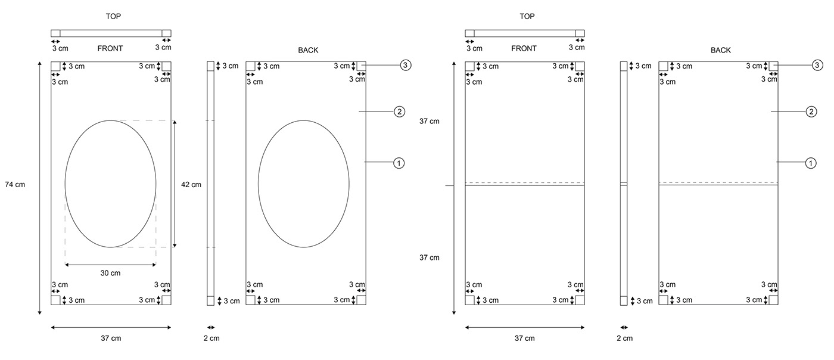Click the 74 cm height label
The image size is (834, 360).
pyautogui.click(x=15, y=184)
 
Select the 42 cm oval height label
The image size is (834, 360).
pyautogui.click(x=191, y=184)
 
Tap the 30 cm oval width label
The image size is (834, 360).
pyautogui.click(x=111, y=273)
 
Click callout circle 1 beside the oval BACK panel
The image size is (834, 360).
pyautogui.click(x=399, y=162)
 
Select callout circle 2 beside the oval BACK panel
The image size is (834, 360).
pyautogui.click(x=399, y=111)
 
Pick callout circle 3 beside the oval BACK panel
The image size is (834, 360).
pyautogui.click(x=405, y=65)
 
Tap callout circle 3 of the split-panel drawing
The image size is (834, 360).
pyautogui.click(x=817, y=65)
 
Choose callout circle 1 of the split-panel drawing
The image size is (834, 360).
pyautogui.click(x=811, y=162)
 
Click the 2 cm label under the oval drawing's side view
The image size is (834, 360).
pyautogui.click(x=211, y=339)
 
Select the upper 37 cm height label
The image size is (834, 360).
pyautogui.click(x=429, y=121)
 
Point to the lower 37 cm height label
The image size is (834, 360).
pyautogui.click(x=429, y=257)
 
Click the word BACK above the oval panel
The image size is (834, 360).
pyautogui.click(x=308, y=50)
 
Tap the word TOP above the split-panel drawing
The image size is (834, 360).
pyautogui.click(x=527, y=16)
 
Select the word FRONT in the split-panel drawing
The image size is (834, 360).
pyautogui.click(x=524, y=48)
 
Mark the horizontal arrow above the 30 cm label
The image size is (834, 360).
pyautogui.click(x=111, y=264)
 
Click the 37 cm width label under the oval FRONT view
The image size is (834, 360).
pyautogui.click(x=111, y=339)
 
